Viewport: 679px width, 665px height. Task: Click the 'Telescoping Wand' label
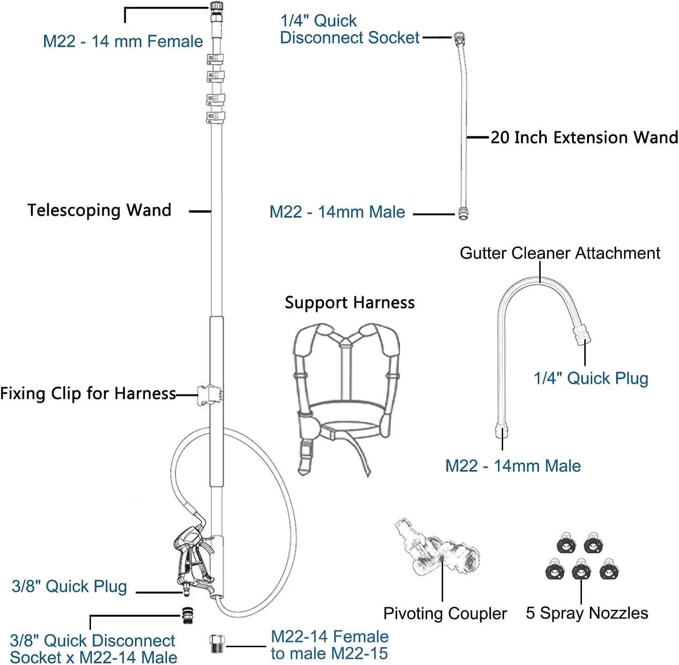click(x=99, y=210)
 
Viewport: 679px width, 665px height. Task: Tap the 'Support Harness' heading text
click(x=349, y=303)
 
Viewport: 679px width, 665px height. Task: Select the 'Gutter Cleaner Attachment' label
click(x=559, y=253)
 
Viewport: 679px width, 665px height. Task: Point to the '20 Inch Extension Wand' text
click(x=584, y=137)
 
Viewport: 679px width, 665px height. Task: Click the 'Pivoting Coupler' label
click(x=445, y=613)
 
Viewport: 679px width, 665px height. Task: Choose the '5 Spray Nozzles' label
click(x=587, y=613)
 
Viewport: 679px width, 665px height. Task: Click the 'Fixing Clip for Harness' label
click(x=88, y=393)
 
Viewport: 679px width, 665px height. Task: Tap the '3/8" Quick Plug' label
click(x=69, y=586)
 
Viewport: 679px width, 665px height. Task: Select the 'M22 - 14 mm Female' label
click(x=123, y=41)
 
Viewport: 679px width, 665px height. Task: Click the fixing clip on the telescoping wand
click(x=209, y=395)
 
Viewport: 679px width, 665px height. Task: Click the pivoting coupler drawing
click(x=436, y=548)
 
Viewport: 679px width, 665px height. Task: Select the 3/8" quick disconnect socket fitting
click(x=188, y=613)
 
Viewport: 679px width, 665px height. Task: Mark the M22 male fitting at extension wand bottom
click(x=463, y=213)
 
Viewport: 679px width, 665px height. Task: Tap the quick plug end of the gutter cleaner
click(x=582, y=335)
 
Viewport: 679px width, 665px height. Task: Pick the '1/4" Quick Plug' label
click(x=591, y=378)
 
